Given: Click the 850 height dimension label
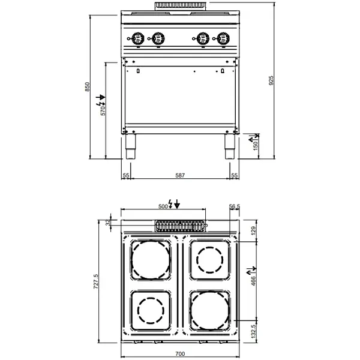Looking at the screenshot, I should (88, 88).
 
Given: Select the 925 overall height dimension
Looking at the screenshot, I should (271, 80).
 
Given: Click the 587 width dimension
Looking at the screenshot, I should (180, 175).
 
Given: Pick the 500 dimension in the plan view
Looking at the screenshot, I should (163, 205).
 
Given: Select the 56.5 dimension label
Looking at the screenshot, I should (235, 206).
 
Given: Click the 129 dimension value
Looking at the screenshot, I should (253, 230).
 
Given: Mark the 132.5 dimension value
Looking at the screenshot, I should (254, 331).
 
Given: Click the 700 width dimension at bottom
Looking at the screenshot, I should (180, 353).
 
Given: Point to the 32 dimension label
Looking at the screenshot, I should (108, 223).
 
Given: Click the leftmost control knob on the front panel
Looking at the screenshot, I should (136, 38).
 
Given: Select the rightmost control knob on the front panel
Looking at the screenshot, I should (224, 38).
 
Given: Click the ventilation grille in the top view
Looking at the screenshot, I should (180, 226).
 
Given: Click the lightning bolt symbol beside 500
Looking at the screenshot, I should (173, 205).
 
